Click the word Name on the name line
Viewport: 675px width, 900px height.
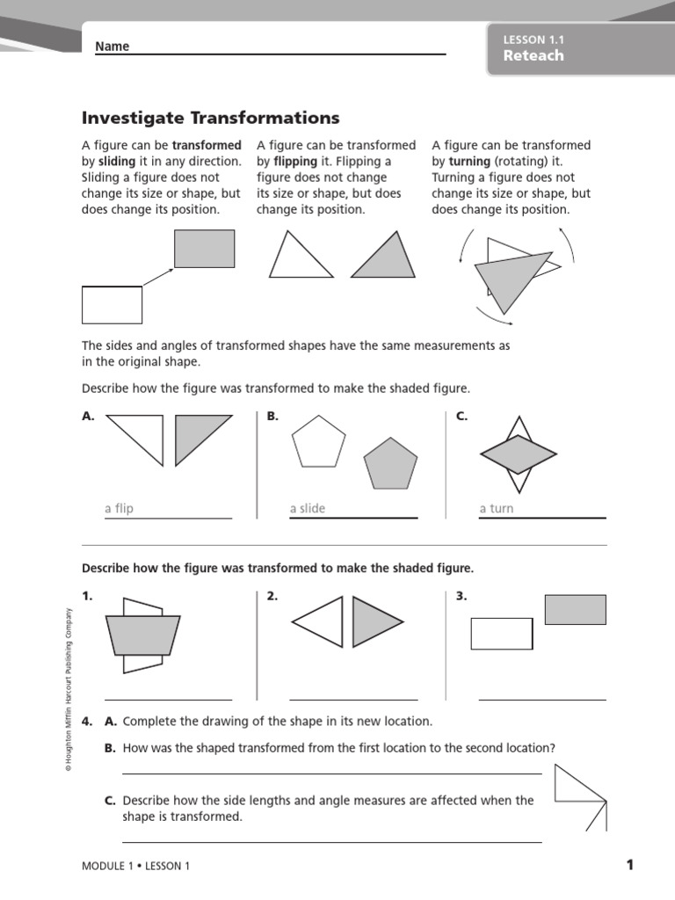tap(112, 46)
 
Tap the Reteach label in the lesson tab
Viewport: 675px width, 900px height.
tap(533, 55)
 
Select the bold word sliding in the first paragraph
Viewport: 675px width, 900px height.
tap(117, 162)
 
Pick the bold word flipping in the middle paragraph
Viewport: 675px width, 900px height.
tap(295, 162)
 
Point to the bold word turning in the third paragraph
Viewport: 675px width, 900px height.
tap(469, 162)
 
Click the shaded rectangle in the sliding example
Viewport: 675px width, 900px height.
tap(204, 249)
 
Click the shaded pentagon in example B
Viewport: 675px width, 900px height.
tap(391, 464)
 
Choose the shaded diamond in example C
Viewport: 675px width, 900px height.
tap(519, 454)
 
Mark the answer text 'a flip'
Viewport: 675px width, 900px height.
tap(119, 509)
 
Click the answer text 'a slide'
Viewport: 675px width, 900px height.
tap(307, 509)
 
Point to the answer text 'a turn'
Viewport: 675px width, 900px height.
tap(497, 509)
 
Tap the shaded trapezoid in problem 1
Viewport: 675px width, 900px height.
tap(143, 635)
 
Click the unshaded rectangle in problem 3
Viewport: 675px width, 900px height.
tap(502, 634)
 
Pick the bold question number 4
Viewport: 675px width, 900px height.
tap(87, 722)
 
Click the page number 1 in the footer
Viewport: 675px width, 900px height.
tap(629, 865)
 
